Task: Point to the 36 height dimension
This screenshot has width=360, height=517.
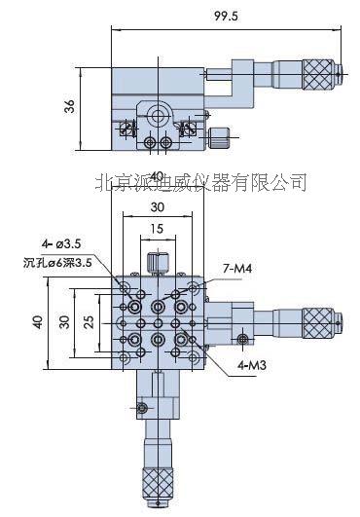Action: tap(69, 107)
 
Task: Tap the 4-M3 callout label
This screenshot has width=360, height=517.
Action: tap(227, 366)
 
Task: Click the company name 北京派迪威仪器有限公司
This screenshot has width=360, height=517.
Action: tap(201, 181)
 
